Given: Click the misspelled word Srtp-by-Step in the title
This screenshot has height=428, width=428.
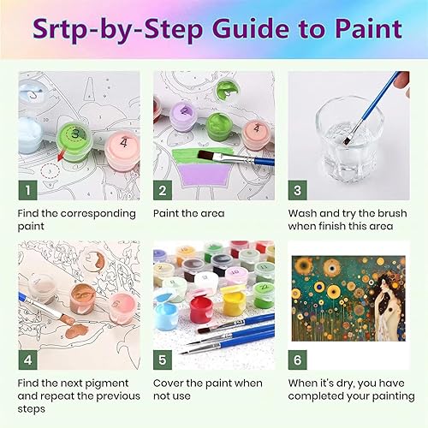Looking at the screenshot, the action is [x=117, y=30].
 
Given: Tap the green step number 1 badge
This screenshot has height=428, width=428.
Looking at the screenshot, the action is [x=28, y=190].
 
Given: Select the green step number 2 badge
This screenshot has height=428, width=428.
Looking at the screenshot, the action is [x=163, y=190].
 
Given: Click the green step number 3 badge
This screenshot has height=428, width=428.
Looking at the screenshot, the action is [x=298, y=190].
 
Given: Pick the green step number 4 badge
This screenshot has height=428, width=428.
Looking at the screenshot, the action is [x=28, y=360].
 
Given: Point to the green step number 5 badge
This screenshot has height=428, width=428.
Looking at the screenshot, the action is [x=163, y=360].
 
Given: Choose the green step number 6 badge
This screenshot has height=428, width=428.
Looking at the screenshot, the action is [x=298, y=360].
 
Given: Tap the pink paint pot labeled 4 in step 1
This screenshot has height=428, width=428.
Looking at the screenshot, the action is [x=122, y=151].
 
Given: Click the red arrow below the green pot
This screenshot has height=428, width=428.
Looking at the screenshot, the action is [x=61, y=156].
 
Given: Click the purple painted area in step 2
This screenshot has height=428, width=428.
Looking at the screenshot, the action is [x=204, y=175].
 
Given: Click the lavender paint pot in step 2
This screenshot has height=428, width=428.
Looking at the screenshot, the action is [x=183, y=116].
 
